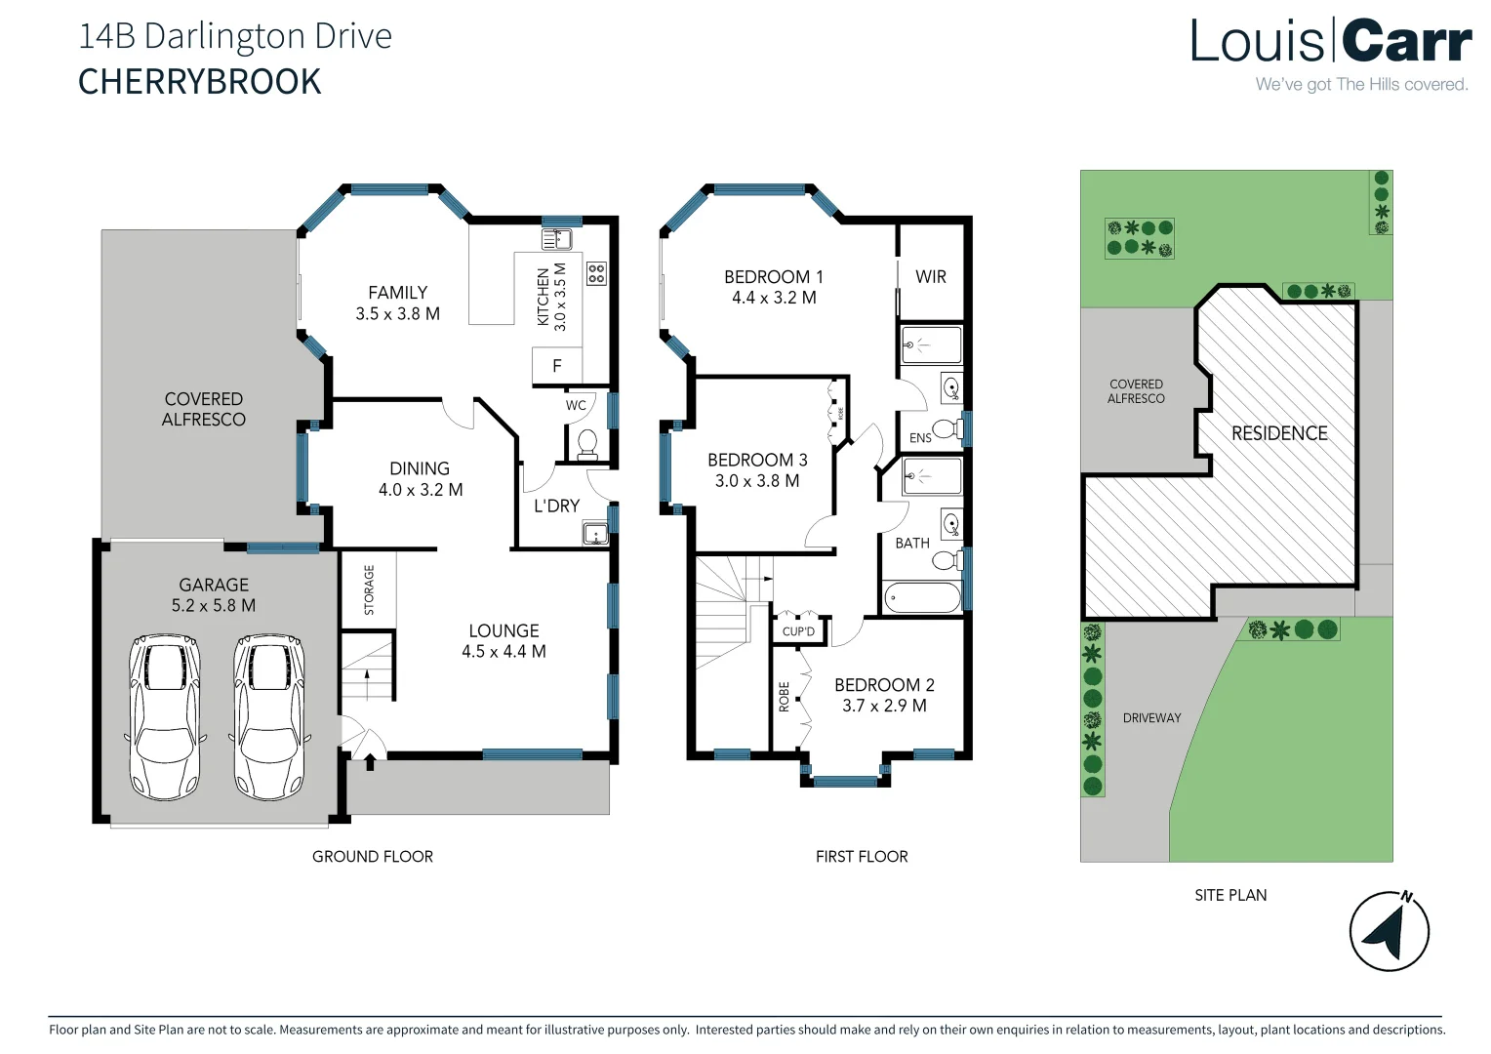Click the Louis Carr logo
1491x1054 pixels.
point(1330,43)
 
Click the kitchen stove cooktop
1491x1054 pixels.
point(596,273)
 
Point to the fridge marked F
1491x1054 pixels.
point(557,366)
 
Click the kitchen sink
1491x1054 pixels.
point(556,238)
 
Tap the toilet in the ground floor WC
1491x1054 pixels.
point(587,444)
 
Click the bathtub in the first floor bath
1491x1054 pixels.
point(921,597)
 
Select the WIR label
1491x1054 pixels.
point(930,277)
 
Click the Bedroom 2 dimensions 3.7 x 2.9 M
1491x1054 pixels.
point(884,706)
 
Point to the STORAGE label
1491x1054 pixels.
point(369,589)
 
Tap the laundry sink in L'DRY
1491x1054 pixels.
point(594,533)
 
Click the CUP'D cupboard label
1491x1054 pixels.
point(798,631)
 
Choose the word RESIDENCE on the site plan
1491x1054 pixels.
point(1278,433)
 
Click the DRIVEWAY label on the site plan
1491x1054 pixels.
point(1151,718)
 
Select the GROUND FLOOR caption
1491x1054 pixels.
point(372,857)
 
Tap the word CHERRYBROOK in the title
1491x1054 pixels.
point(199,82)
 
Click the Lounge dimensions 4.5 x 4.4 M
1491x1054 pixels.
point(504,652)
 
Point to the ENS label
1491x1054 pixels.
point(920,438)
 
